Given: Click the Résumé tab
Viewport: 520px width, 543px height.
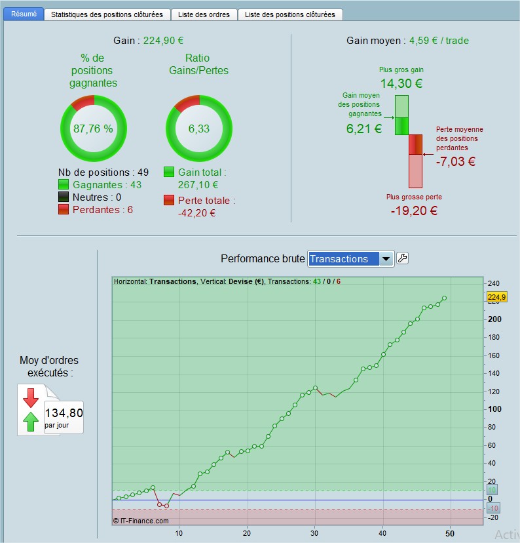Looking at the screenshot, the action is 24,14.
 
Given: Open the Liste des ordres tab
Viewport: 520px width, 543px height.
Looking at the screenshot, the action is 204,14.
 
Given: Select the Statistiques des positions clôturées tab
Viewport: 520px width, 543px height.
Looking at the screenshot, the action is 107,14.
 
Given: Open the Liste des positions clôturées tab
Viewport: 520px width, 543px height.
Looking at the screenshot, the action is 290,14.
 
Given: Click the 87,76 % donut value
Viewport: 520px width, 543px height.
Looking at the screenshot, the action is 94,129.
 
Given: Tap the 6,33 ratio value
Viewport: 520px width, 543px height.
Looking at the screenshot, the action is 199,129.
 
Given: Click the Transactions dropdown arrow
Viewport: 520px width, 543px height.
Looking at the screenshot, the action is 386,258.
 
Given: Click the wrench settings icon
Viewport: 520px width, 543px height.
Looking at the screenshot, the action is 403,258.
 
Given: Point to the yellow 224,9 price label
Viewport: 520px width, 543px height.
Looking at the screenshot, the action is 497,297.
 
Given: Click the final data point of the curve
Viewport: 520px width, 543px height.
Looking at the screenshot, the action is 444,298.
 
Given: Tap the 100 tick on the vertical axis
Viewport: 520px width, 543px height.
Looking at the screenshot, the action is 494,409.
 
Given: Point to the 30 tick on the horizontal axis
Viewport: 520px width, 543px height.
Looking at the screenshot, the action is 314,533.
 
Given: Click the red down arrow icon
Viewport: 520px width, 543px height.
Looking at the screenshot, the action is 30,397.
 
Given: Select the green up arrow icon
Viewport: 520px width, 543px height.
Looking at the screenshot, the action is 30,422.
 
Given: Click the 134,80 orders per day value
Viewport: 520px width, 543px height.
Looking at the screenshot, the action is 64,412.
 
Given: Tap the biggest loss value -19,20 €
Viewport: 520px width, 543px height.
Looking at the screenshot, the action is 414,211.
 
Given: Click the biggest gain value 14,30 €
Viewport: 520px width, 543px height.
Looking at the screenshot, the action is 401,83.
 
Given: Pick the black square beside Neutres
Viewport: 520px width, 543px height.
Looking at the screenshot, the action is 64,197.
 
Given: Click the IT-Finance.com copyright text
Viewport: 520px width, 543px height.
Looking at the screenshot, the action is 141,521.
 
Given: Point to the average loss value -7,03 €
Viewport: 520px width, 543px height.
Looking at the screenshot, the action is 456,161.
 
